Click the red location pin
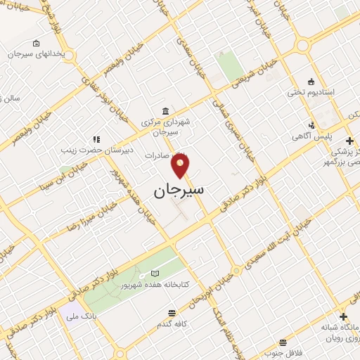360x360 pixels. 181,165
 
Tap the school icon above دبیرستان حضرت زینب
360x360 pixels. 96,139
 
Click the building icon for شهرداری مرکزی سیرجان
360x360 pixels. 165,112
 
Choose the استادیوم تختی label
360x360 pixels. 310,92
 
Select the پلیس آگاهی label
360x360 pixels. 332,135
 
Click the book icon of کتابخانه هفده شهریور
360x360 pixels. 155,273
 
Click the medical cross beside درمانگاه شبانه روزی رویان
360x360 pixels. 343,317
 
